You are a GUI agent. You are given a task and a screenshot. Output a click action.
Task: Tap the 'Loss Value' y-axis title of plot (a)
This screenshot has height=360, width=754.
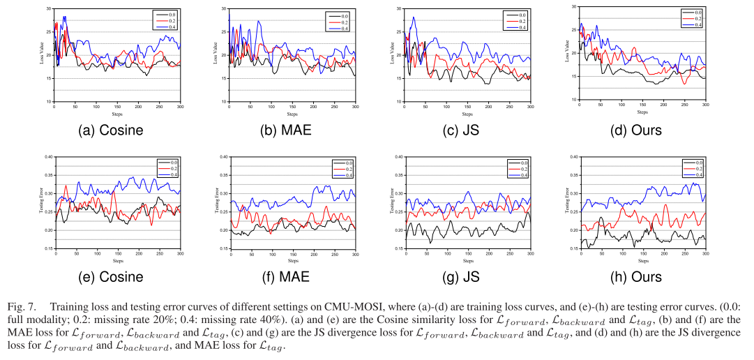(41, 54)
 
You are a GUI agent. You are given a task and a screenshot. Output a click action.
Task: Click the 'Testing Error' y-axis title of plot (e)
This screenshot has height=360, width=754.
(41, 202)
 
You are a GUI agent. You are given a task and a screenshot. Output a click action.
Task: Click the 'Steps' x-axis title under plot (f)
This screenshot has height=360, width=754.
(292, 260)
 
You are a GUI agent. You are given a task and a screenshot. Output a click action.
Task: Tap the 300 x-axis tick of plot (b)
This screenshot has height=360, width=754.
(355, 106)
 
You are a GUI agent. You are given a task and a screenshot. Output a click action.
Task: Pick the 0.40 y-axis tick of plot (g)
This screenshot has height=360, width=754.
(395, 157)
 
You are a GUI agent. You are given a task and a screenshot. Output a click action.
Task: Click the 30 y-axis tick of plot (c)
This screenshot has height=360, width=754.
(398, 8)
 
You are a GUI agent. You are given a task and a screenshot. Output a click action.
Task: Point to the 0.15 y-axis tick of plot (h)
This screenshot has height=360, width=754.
(570, 248)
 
